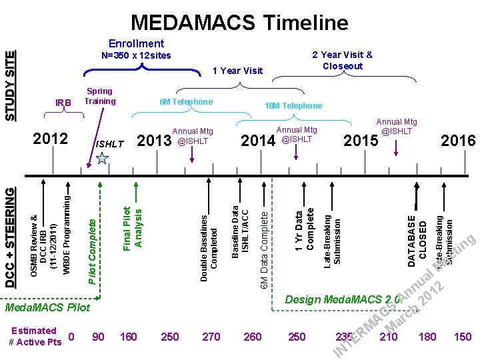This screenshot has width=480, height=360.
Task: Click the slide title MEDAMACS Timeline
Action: coord(239,23)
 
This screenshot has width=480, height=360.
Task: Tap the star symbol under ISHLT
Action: coord(102,158)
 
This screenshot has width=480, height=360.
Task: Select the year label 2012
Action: coord(50,139)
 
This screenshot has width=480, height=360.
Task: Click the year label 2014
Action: coord(257,141)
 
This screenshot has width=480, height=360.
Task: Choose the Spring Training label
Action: coord(99,96)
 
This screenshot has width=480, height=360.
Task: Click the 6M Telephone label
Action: coord(186,101)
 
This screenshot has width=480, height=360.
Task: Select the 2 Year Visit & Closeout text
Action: coord(342,61)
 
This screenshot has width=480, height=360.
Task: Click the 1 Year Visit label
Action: coord(237,71)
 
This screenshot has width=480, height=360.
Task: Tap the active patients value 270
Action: coord(211,337)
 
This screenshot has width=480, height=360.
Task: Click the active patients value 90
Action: coord(98,337)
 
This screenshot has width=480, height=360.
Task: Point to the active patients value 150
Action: coord(461,337)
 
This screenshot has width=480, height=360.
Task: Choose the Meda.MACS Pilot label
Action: coord(47,308)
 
